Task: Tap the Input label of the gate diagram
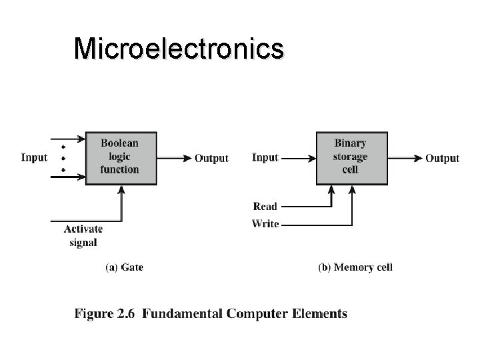click(x=35, y=157)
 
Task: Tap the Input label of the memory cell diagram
click(x=265, y=157)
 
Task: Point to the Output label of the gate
click(x=211, y=158)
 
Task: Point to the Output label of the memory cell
click(x=442, y=158)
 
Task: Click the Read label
click(x=265, y=207)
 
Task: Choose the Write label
click(x=265, y=224)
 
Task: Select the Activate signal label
click(x=83, y=235)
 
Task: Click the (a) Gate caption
click(x=125, y=267)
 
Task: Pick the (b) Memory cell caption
click(x=355, y=267)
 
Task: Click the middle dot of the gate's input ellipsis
click(x=63, y=158)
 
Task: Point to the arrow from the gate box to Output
click(x=175, y=158)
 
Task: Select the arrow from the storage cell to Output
click(x=405, y=158)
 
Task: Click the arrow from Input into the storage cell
click(x=297, y=158)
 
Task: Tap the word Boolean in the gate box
click(x=119, y=143)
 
